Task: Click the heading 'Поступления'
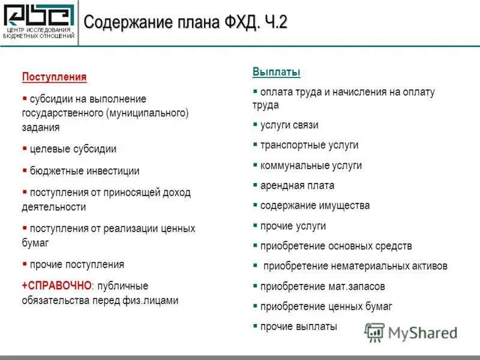pyautogui.click(x=54, y=77)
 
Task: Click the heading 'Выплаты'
pyautogui.click(x=276, y=73)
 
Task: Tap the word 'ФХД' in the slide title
pyautogui.click(x=230, y=23)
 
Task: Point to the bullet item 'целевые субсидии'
pyautogui.click(x=73, y=149)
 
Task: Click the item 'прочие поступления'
pyautogui.click(x=77, y=265)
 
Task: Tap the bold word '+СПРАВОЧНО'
pyautogui.click(x=56, y=286)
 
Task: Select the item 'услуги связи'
pyautogui.click(x=289, y=125)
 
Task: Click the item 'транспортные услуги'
pyautogui.click(x=309, y=145)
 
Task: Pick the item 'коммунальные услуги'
pyautogui.click(x=311, y=166)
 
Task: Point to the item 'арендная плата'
pyautogui.click(x=297, y=185)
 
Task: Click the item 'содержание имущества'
pyautogui.click(x=314, y=206)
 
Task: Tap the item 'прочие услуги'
pyautogui.click(x=293, y=226)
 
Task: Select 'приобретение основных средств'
pyautogui.click(x=336, y=246)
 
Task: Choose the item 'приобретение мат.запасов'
pyautogui.click(x=322, y=287)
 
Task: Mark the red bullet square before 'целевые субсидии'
pyautogui.click(x=25, y=148)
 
